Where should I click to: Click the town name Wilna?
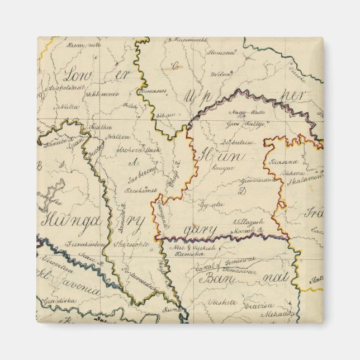pyautogui.click(x=221, y=73)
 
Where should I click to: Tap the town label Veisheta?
pyautogui.click(x=223, y=302)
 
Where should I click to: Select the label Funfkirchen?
pyautogui.click(x=85, y=244)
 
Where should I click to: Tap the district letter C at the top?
pyautogui.click(x=175, y=66)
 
